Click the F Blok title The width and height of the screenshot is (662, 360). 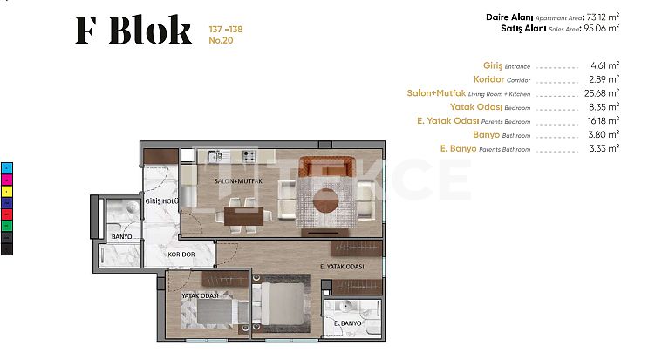(x=133, y=30)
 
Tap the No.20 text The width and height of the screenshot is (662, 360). (x=221, y=40)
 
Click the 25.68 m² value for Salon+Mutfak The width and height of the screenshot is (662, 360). (x=602, y=93)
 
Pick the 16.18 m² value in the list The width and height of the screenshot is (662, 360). (x=604, y=120)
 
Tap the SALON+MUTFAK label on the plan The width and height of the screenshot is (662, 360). (x=238, y=181)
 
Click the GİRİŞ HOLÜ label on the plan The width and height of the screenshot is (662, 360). (x=161, y=201)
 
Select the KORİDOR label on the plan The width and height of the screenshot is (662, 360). (x=181, y=255)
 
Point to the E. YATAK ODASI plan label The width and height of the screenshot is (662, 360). (x=342, y=267)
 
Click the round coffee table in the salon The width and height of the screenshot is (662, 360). (x=326, y=200)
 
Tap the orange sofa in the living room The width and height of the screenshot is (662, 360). (x=326, y=166)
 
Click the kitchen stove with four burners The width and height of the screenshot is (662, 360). (x=249, y=156)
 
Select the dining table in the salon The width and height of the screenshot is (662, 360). (x=243, y=215)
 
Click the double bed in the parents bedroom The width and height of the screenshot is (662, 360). (x=281, y=303)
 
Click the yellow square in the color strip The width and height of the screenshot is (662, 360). (x=7, y=191)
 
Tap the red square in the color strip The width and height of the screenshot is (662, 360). (x=7, y=214)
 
